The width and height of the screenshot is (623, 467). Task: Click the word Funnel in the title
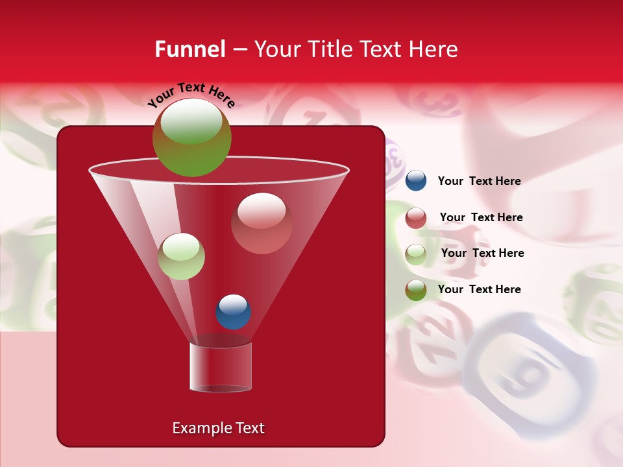pos(189,49)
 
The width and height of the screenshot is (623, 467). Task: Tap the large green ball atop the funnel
pos(191,137)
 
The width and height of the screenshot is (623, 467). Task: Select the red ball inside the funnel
pos(262,223)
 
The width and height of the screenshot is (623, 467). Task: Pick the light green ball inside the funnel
pos(181,256)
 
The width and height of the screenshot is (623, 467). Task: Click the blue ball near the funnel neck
pos(233,311)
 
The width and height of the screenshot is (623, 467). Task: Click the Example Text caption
pos(219,428)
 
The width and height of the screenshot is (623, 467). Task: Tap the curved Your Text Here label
pos(191,95)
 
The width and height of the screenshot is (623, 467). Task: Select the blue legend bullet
pos(416,181)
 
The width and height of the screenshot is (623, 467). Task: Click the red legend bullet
pos(416,218)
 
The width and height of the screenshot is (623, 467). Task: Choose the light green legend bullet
pos(416,254)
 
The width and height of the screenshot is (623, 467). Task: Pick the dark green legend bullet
pos(416,290)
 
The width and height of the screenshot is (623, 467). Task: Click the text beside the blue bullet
pos(479,181)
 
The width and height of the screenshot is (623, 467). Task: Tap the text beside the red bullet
pos(481,217)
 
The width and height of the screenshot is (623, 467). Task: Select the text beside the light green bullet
pos(482,253)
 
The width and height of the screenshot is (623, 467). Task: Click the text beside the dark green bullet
pos(479,289)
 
